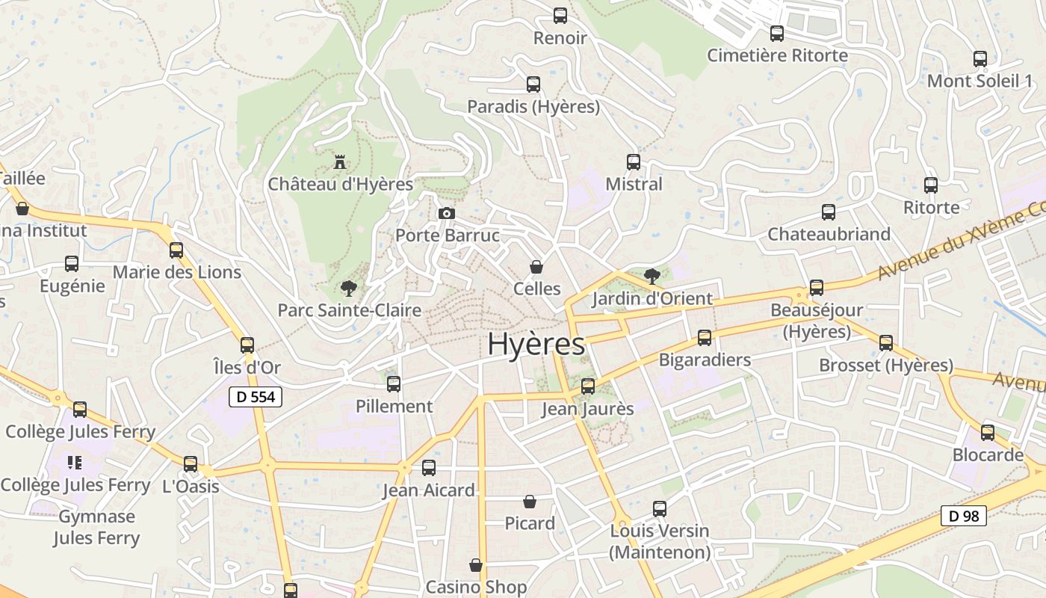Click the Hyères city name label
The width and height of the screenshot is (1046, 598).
[x=536, y=344]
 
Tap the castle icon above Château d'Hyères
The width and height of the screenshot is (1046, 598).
[x=340, y=161]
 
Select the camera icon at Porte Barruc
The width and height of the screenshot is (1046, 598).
[x=447, y=214]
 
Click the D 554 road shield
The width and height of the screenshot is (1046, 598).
[x=256, y=397]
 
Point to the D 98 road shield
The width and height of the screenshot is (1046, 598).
[x=963, y=515]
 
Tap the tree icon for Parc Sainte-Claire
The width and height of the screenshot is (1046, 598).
[x=347, y=288]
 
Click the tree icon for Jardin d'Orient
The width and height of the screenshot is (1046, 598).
[x=652, y=277]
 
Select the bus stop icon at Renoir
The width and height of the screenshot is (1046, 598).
[x=560, y=15]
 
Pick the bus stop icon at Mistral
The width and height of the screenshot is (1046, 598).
[x=634, y=161]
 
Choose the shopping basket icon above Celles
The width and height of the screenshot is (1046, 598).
[x=536, y=267]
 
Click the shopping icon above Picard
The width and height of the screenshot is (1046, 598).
[x=530, y=502]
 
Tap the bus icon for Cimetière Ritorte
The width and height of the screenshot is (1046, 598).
[x=777, y=34]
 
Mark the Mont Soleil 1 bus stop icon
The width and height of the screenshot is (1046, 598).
[x=980, y=59]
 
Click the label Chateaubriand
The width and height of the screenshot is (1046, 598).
[x=829, y=234]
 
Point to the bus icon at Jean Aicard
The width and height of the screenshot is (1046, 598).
[x=429, y=468]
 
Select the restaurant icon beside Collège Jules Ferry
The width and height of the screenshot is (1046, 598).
[x=74, y=463]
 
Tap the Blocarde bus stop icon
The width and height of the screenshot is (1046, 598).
[x=988, y=432]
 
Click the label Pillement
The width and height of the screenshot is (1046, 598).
[x=394, y=407]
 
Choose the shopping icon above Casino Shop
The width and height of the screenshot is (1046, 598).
[x=476, y=565]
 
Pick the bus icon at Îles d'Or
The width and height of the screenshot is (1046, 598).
[x=247, y=345]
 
